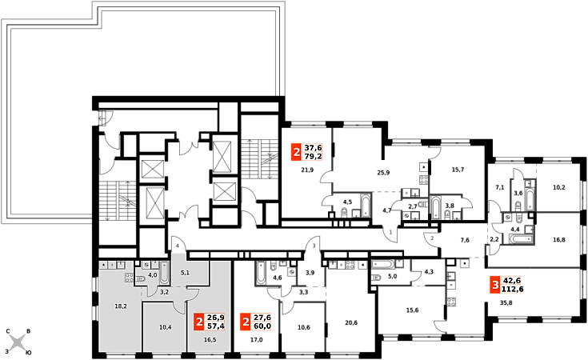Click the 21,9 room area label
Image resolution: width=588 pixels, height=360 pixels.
tap(307, 170)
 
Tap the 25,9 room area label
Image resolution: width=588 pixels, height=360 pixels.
tap(383, 173)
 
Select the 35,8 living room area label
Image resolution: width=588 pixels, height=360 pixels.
tap(506, 303)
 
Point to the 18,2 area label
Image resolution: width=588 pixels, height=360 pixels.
tap(121, 306)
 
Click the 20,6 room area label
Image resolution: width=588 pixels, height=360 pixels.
tap(350, 322)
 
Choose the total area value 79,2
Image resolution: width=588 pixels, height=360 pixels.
tap(313, 156)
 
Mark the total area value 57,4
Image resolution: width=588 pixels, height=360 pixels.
tap(216, 326)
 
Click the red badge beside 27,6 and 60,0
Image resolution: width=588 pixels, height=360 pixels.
tap(246, 322)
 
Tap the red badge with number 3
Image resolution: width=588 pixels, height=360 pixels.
tap(495, 285)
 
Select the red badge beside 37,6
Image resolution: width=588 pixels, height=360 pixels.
tap(296, 152)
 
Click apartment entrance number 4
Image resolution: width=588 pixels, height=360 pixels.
tap(178, 246)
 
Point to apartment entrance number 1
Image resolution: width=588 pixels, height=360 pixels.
tap(390, 233)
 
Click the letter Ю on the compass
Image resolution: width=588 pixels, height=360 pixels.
tap(28, 353)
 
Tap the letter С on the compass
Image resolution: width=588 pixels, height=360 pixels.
tap(7, 331)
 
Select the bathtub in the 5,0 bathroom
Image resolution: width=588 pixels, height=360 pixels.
tap(383, 264)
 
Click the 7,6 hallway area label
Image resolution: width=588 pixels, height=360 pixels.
tap(465, 240)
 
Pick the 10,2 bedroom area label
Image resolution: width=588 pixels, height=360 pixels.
tap(558, 187)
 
